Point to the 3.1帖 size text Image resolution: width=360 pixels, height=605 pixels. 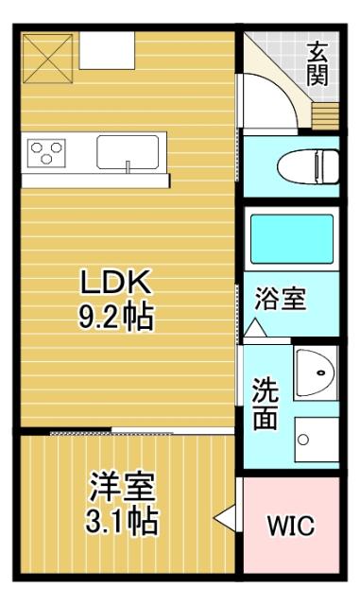click(120, 520)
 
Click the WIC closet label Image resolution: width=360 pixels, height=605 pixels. click(290, 526)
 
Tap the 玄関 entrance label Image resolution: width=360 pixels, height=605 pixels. click(317, 64)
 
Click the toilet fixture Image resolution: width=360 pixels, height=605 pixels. click(307, 166)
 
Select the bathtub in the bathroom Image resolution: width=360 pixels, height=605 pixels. click(291, 239)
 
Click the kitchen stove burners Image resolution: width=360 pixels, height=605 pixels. click(45, 151)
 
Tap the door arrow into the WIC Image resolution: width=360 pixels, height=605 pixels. click(224, 519)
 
